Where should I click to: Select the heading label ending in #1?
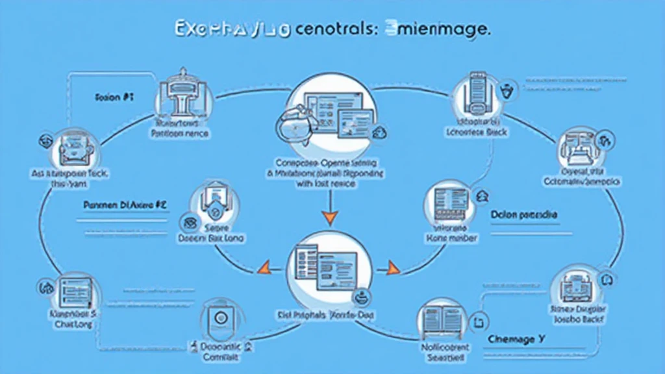[x=114, y=97]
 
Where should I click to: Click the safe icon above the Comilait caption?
[x=220, y=318]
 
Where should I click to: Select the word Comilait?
[x=221, y=357]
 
